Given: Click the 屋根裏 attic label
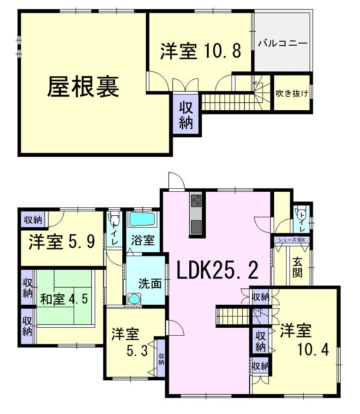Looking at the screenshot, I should point(83,87).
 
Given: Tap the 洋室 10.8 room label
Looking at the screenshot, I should point(200,51).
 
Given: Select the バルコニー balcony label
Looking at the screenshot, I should point(282,44).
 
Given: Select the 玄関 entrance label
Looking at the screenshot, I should point(297,267).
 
